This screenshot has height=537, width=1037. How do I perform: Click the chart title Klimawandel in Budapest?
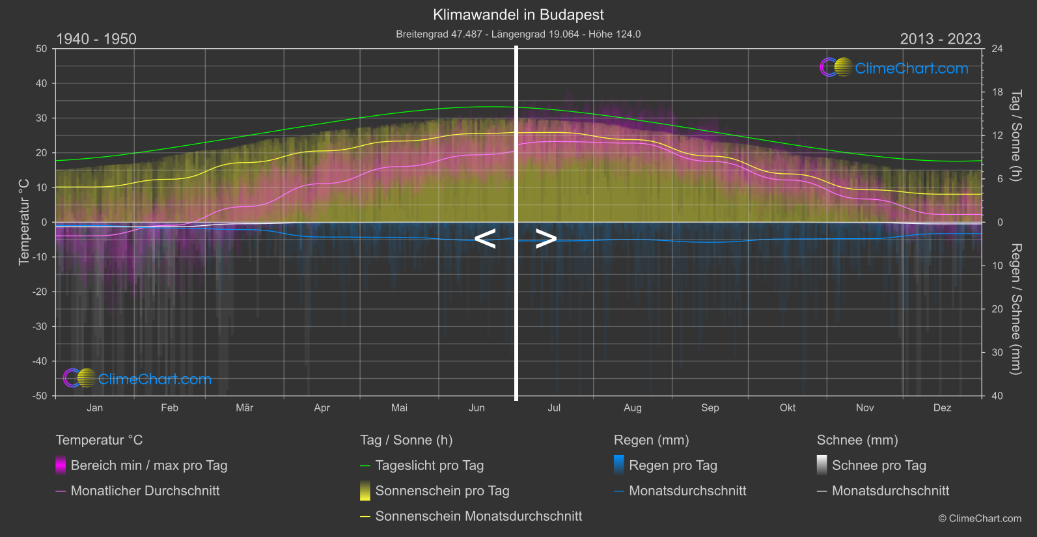518,15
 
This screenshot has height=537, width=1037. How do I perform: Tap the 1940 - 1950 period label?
96,39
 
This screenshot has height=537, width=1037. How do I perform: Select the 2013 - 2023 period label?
940,39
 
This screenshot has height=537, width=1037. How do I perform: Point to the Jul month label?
554,408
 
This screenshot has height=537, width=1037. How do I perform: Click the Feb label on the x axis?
169,408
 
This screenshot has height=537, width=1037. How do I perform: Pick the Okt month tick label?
788,408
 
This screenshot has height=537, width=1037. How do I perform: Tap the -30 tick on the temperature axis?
40,327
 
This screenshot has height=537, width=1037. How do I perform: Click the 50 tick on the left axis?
42,49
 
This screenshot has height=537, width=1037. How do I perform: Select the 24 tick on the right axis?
997,49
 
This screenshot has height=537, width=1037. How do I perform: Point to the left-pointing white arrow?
486,239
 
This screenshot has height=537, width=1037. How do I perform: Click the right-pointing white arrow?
546,239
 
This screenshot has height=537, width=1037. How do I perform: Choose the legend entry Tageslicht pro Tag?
429,465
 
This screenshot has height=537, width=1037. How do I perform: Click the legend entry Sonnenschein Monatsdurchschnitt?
478,516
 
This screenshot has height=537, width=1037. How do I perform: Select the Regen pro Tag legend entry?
672,465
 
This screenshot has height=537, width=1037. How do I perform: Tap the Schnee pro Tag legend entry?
879,465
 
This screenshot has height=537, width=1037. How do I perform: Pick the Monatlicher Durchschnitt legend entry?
145,491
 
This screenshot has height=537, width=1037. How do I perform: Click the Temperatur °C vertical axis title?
24,222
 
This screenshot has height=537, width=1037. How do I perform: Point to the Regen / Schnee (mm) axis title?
1016,309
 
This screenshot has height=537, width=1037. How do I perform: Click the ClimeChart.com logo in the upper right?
894,68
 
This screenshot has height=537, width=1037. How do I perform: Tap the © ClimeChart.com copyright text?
980,519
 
